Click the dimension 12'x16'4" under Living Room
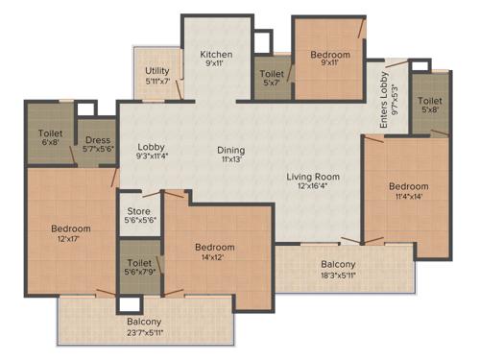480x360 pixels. [313, 187]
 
